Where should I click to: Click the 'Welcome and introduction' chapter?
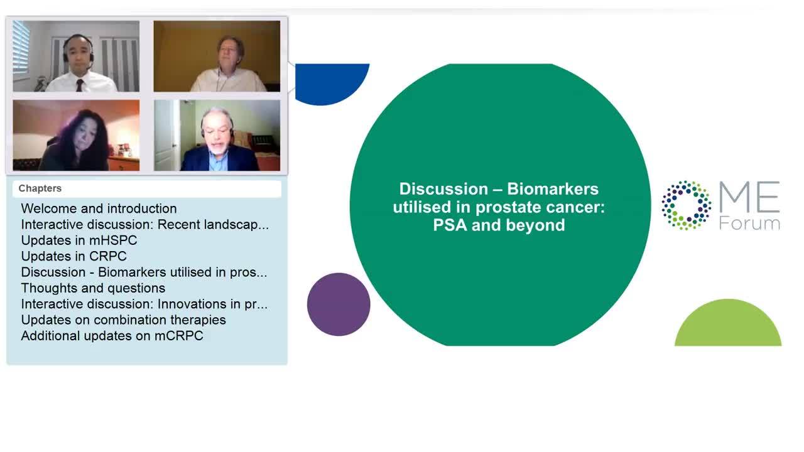[99, 208]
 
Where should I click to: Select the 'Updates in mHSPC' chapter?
[79, 240]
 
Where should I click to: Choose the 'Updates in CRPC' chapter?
[73, 256]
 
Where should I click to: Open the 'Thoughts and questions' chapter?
[93, 288]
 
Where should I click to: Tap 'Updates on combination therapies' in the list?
[124, 320]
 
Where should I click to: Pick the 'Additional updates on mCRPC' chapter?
[112, 336]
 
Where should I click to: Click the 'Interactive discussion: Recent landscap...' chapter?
[144, 225]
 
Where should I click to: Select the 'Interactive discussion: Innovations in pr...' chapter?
[144, 304]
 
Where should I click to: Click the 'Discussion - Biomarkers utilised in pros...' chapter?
[144, 272]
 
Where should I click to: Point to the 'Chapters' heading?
[40, 188]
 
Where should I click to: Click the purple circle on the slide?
[339, 304]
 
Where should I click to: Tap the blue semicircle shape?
[330, 82]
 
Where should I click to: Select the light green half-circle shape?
[728, 325]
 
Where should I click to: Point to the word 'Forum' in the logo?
[749, 223]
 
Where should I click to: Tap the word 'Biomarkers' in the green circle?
[553, 189]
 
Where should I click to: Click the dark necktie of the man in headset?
[79, 85]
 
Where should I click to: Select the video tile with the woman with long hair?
[76, 135]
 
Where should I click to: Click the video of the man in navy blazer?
[217, 135]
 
